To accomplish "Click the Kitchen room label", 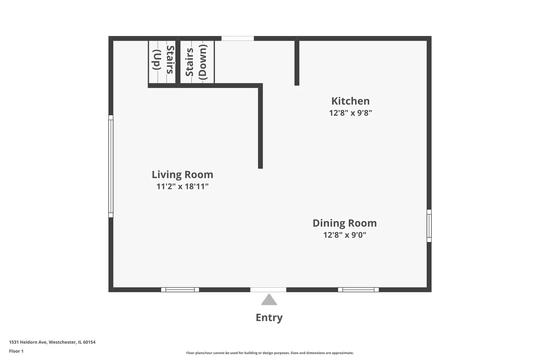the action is [350, 101].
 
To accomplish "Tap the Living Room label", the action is [182, 175].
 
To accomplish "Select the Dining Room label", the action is [345, 223].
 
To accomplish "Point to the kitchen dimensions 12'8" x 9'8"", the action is [351, 113].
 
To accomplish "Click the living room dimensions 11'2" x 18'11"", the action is [182, 186].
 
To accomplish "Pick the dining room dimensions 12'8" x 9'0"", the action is [345, 235].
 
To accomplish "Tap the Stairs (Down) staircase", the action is [197, 62].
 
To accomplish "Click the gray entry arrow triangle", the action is [269, 299].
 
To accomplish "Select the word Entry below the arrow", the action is [269, 318].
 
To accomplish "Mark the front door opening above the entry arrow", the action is [268, 290].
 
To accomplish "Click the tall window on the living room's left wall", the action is [111, 166].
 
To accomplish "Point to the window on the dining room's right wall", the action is [429, 226].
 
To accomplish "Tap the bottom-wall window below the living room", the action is [180, 290].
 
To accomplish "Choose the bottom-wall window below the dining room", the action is [358, 290].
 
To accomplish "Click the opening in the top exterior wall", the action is [238, 38].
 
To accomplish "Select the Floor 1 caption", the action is [16, 351].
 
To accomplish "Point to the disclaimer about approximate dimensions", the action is [270, 353].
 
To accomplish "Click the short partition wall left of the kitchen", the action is [297, 62].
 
